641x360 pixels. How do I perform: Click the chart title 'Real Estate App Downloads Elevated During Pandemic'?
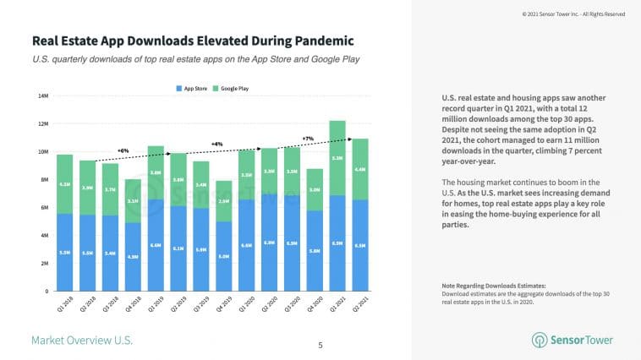tap(192, 41)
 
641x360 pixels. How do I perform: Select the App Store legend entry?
tap(196, 88)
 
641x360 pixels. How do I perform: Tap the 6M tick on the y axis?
tap(43, 208)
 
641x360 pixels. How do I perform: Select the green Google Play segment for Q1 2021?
tap(337, 158)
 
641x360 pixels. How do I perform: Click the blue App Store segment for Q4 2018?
tap(133, 256)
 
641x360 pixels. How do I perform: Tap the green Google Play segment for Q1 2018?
tap(65, 184)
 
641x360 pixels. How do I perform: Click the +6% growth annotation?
tap(123, 150)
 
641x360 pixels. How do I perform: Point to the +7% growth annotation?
tap(308, 138)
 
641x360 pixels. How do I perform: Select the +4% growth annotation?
tap(216, 144)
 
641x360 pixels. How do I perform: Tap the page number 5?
tap(320, 345)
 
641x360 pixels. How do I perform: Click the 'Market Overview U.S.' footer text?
tap(82, 340)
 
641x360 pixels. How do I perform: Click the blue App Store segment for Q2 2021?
tap(359, 245)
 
